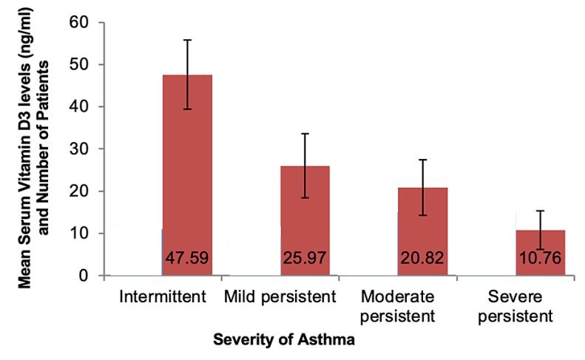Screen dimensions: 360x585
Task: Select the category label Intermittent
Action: [161, 297]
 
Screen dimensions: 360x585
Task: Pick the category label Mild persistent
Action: [280, 297]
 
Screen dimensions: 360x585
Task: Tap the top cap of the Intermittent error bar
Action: [187, 40]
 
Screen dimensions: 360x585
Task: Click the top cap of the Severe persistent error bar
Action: [540, 211]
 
